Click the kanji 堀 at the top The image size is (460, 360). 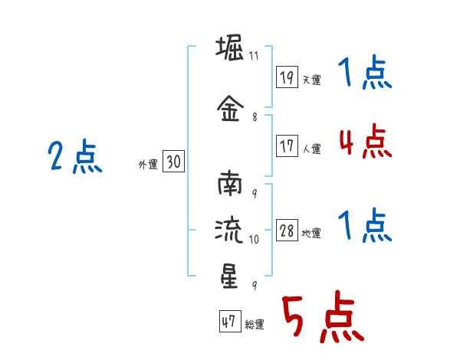click(x=230, y=47)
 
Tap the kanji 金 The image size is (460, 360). click(x=230, y=108)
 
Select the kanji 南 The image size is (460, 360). click(x=230, y=183)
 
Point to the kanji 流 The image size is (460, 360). click(x=228, y=231)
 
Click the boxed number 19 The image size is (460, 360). click(x=287, y=77)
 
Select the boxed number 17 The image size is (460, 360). click(x=287, y=146)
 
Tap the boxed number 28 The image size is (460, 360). click(x=287, y=230)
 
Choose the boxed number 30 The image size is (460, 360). click(x=173, y=161)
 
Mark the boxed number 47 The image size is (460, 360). click(x=230, y=321)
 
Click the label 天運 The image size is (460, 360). click(x=311, y=80)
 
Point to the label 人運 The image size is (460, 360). click(x=311, y=149)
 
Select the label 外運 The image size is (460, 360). click(x=148, y=165)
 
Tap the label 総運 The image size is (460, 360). click(x=255, y=325)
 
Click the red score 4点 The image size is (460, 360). click(x=365, y=141)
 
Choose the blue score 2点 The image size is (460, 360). click(x=75, y=156)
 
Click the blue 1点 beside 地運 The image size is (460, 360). click(x=365, y=225)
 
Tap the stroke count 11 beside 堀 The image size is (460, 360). click(x=254, y=56)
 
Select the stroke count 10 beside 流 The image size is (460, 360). click(x=254, y=240)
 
